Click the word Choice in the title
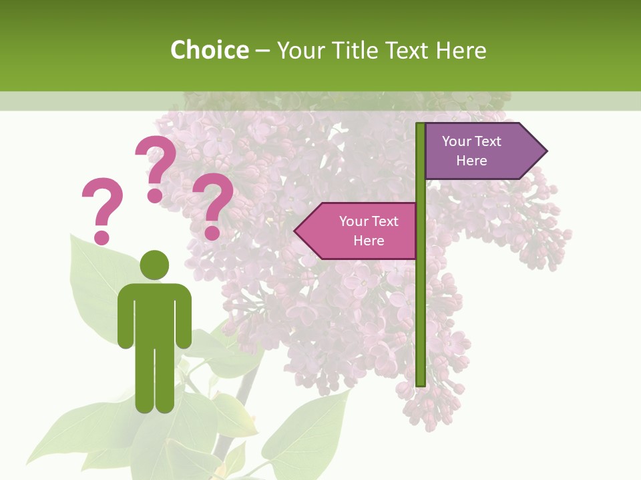point(209,51)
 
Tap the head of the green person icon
point(154,265)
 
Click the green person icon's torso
point(154,313)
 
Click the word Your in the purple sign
point(457,141)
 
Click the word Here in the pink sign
point(369,241)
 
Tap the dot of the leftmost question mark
point(101,237)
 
